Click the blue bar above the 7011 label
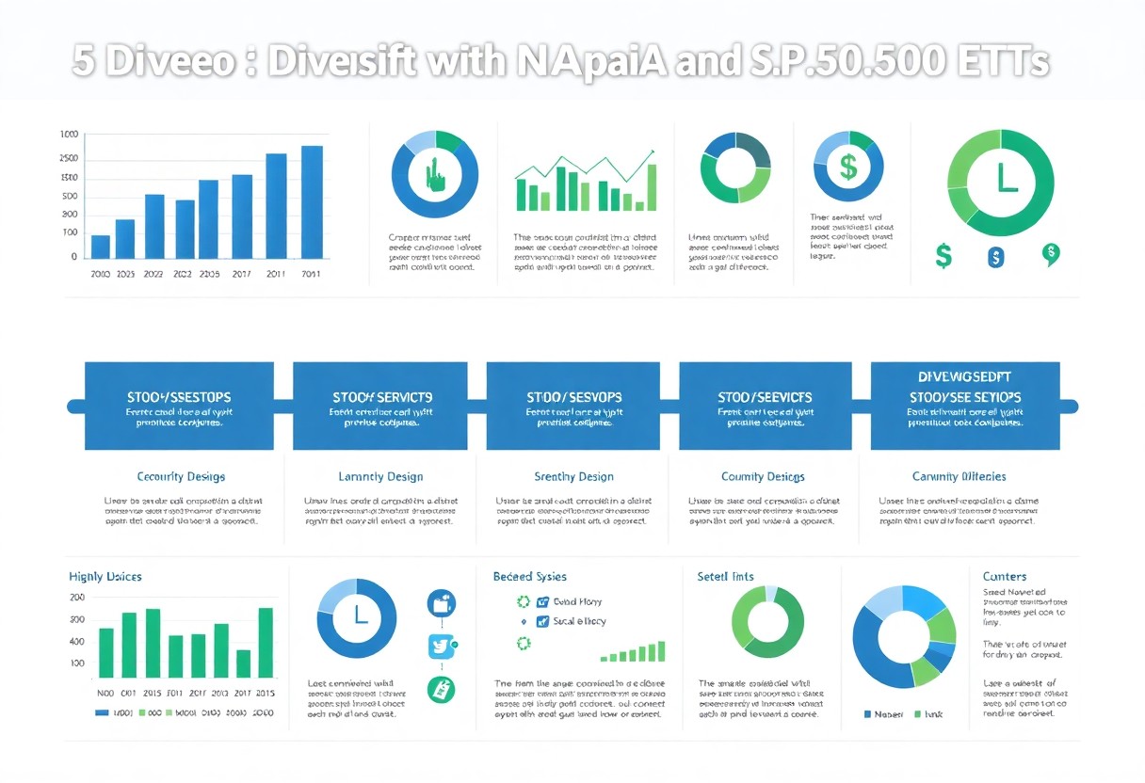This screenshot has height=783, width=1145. (x=312, y=202)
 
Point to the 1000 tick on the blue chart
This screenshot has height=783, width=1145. (x=69, y=135)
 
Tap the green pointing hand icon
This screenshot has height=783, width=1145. (x=434, y=175)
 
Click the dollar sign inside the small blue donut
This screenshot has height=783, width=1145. (x=847, y=168)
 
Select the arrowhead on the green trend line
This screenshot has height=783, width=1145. (x=651, y=153)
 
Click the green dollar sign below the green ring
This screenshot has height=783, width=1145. (x=943, y=254)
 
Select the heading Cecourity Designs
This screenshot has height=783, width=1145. (x=181, y=476)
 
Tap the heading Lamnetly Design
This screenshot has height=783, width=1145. (x=380, y=476)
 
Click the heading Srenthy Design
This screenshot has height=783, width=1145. (x=573, y=476)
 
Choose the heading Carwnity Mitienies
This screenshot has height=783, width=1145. (x=959, y=476)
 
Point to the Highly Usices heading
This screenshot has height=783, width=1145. (x=105, y=576)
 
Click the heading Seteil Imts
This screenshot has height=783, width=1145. (x=725, y=576)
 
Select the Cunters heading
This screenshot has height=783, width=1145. (x=1005, y=576)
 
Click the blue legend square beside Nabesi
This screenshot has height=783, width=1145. (x=868, y=714)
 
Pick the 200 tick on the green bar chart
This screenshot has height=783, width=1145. (x=77, y=598)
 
